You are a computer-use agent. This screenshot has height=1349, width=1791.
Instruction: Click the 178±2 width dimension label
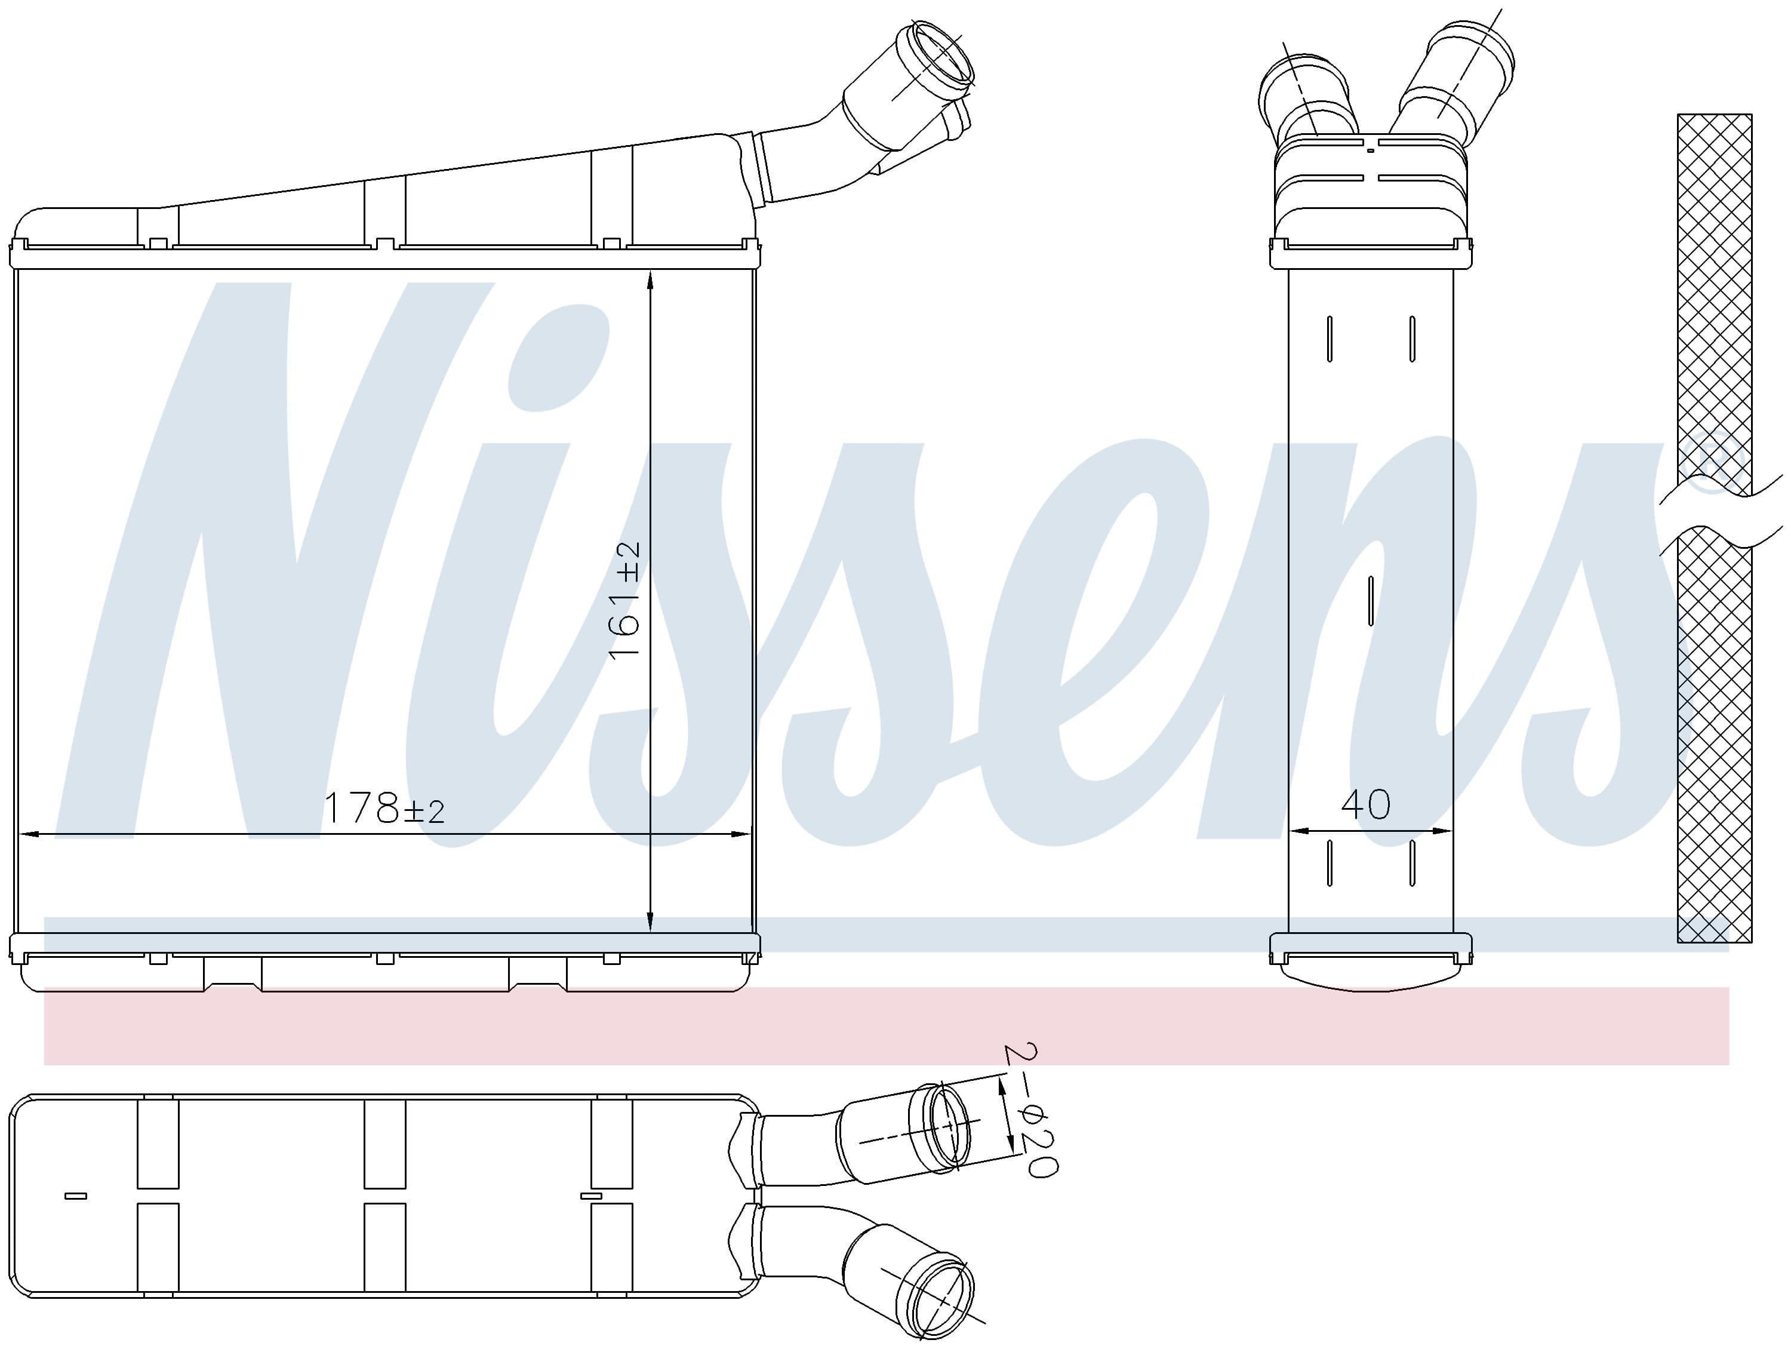point(384,807)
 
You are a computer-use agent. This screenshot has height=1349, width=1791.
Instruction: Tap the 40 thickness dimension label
point(1366,804)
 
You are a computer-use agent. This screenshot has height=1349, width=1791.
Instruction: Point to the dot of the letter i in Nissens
point(559,357)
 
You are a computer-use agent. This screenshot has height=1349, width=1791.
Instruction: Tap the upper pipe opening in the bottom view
point(946,1126)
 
